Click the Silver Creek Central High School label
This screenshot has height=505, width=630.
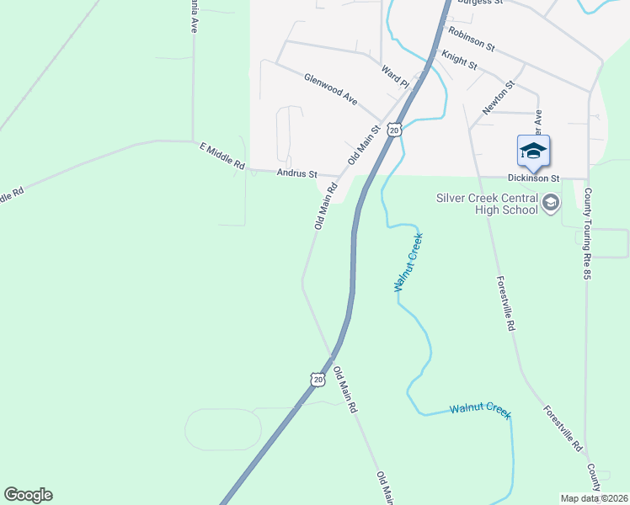(487, 204)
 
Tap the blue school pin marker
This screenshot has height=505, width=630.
(533, 151)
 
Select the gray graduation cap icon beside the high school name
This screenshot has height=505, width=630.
(551, 203)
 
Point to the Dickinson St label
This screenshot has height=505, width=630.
(533, 178)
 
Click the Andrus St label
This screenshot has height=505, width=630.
(296, 173)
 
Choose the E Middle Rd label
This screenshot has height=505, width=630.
(222, 157)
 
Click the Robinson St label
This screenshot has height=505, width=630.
(471, 38)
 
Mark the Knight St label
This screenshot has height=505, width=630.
(459, 60)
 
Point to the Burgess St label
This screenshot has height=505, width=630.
(479, 3)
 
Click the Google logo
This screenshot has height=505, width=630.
(28, 495)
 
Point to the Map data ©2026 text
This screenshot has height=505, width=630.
(595, 498)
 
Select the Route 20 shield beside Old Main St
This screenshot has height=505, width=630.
(394, 129)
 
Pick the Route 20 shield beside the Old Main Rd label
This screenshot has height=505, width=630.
(317, 380)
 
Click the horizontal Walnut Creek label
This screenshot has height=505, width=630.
(480, 410)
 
